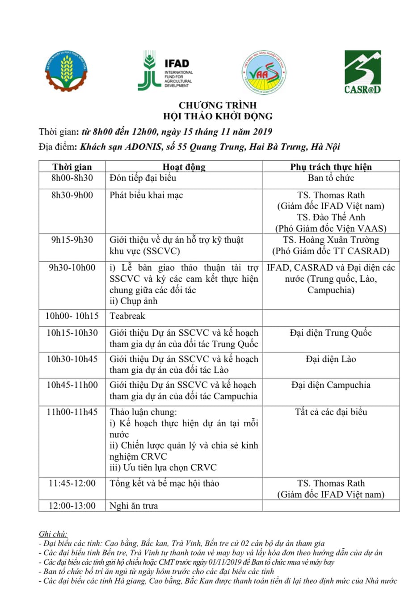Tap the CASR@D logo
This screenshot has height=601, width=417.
(x=362, y=72)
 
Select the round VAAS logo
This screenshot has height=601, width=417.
(x=264, y=72)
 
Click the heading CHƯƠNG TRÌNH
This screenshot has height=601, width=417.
(x=218, y=106)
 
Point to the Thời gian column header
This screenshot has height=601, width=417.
(x=72, y=167)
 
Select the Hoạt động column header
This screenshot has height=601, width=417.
(x=184, y=167)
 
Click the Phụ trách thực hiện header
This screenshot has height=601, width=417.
(x=331, y=167)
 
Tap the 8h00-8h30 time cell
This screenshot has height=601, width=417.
(x=72, y=178)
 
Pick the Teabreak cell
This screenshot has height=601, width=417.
(x=127, y=316)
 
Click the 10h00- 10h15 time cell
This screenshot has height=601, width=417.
(x=72, y=316)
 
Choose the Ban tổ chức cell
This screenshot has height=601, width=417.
(x=331, y=178)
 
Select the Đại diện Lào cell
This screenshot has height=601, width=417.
(x=331, y=359)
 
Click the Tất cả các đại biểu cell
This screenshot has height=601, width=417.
(x=331, y=412)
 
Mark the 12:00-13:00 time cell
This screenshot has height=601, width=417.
(x=72, y=506)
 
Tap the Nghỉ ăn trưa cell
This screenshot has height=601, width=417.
(x=134, y=506)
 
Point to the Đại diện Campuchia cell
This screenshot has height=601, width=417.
(x=331, y=385)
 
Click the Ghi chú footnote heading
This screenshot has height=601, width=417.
(x=53, y=534)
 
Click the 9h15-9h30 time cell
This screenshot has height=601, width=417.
(x=72, y=240)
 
